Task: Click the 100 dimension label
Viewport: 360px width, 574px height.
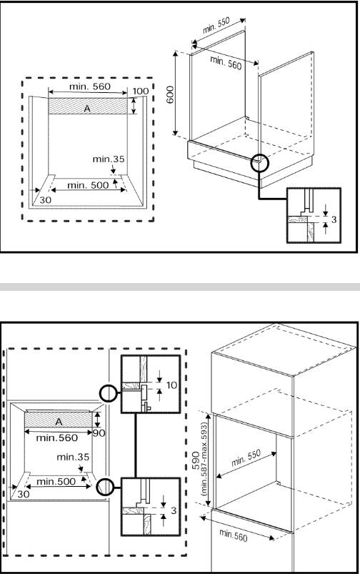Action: pyautogui.click(x=141, y=91)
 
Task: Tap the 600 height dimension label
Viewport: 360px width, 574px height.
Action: pyautogui.click(x=171, y=95)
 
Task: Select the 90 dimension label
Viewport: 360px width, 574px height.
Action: pyautogui.click(x=99, y=433)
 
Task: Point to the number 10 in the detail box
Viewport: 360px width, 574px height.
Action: pyautogui.click(x=171, y=385)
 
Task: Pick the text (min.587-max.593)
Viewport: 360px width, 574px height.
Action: pyautogui.click(x=204, y=460)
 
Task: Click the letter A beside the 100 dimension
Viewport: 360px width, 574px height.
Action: pyautogui.click(x=87, y=109)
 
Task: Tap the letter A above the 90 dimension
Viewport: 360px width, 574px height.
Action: pyautogui.click(x=59, y=422)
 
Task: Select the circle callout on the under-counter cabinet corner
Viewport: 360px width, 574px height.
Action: pyautogui.click(x=260, y=163)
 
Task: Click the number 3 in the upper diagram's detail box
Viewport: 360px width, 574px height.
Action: pyautogui.click(x=334, y=219)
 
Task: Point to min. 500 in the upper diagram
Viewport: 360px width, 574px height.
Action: pyautogui.click(x=88, y=185)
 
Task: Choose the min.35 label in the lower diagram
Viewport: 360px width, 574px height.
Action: pyautogui.click(x=73, y=457)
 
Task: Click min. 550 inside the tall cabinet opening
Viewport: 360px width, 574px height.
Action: pyautogui.click(x=246, y=457)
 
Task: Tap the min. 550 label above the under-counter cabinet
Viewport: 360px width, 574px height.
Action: pyautogui.click(x=216, y=25)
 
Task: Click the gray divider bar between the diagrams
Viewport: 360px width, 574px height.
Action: pyautogui.click(x=180, y=287)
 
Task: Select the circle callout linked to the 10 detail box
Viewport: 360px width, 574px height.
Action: pyautogui.click(x=109, y=393)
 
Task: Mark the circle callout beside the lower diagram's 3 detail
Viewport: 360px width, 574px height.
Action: pyautogui.click(x=106, y=488)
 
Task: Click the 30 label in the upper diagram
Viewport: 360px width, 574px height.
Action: pyautogui.click(x=46, y=200)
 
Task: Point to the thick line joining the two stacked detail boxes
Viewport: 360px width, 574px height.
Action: pyautogui.click(x=136, y=445)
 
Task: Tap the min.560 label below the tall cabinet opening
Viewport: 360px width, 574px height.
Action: pyautogui.click(x=234, y=535)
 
